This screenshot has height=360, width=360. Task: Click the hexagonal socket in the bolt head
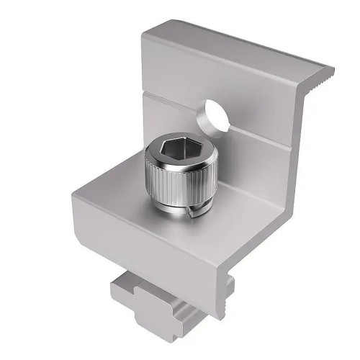[174, 152]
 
